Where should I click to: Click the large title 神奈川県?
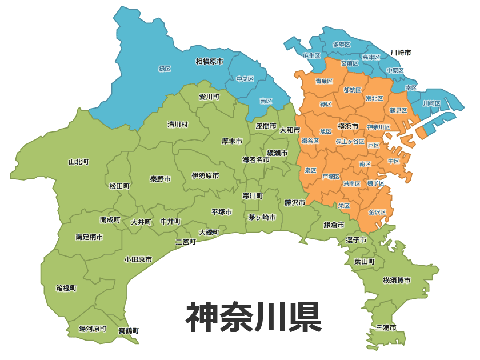[253, 317]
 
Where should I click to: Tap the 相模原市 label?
[209, 61]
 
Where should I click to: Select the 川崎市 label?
[401, 53]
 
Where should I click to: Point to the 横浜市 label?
[348, 126]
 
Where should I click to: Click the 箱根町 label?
[66, 288]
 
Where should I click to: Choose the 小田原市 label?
[138, 259]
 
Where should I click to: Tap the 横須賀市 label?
[397, 280]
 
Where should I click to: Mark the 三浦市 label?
[386, 327]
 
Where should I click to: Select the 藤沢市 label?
[295, 202]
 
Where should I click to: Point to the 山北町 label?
[79, 162]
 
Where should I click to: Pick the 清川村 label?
[178, 124]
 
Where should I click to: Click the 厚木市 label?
[232, 141]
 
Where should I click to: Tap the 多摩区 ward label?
[341, 45]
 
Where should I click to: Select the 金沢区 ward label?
[377, 212]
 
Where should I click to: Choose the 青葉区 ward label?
[324, 81]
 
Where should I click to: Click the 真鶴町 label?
[129, 330]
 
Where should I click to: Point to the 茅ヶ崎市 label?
[262, 218]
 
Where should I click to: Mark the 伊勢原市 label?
[205, 175]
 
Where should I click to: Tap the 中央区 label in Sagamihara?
[245, 79]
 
